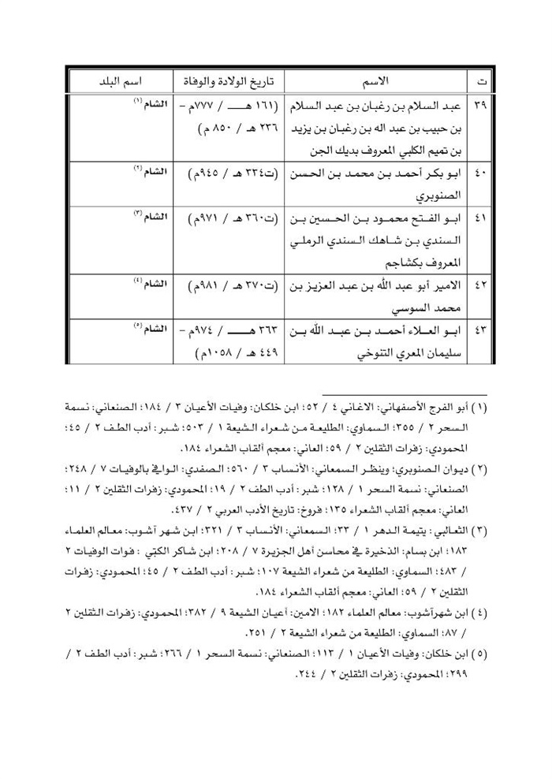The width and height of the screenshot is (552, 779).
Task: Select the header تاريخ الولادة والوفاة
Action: point(225,81)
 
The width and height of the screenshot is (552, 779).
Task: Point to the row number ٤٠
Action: point(481,172)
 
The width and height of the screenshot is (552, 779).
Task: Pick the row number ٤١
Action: point(481,217)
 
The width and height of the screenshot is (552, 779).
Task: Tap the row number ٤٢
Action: point(481,283)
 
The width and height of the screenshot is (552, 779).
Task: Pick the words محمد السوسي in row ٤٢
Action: point(436,304)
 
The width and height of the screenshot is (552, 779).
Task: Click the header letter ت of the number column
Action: point(481,81)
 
